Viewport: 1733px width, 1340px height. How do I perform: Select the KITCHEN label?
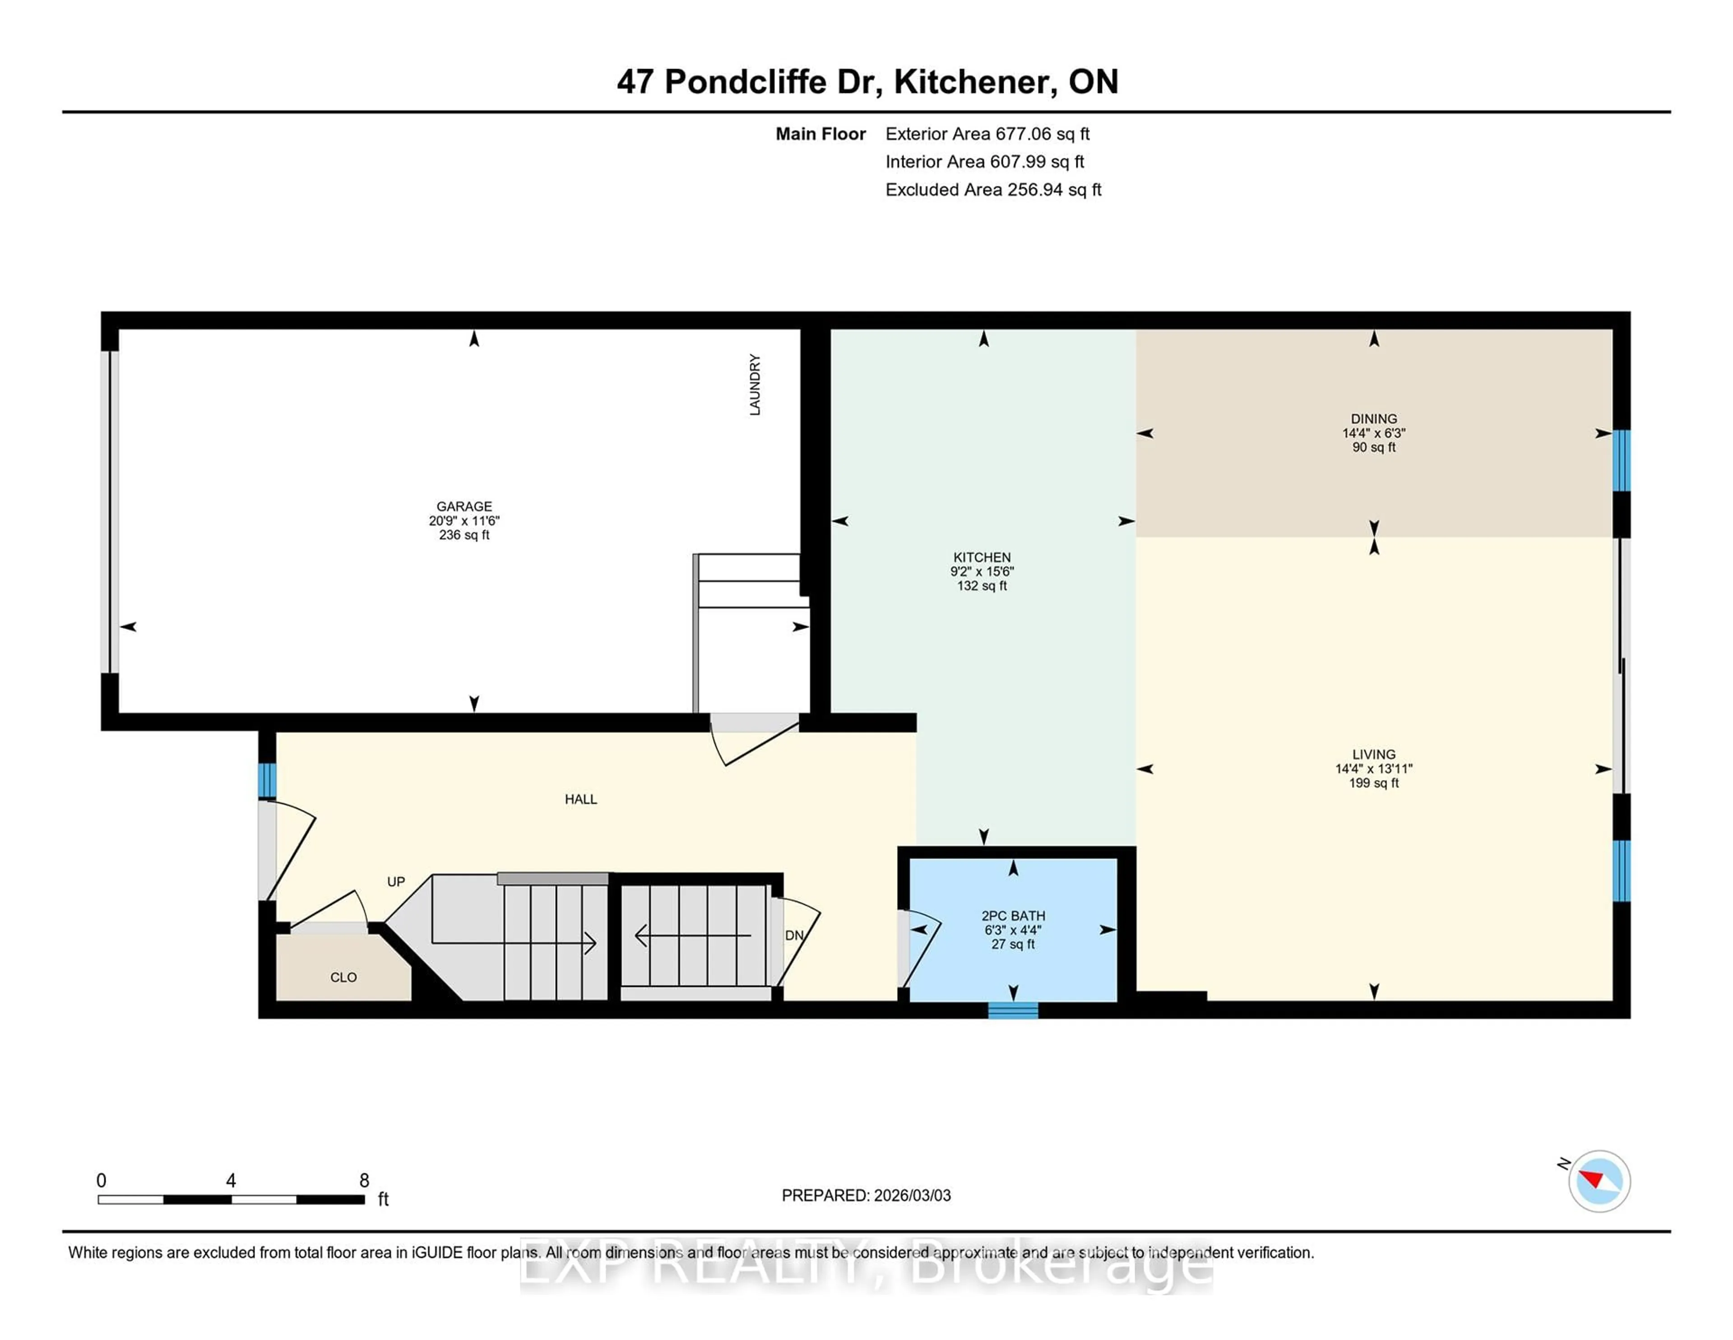point(982,557)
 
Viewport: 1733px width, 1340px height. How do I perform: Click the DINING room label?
point(1374,419)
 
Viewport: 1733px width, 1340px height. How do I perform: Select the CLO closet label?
point(343,977)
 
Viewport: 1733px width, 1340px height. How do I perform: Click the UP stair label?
point(396,882)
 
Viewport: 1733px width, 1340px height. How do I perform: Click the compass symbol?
point(1599,1181)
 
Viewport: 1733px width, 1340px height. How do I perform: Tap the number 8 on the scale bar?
point(364,1181)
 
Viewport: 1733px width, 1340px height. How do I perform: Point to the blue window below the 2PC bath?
point(1013,1010)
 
